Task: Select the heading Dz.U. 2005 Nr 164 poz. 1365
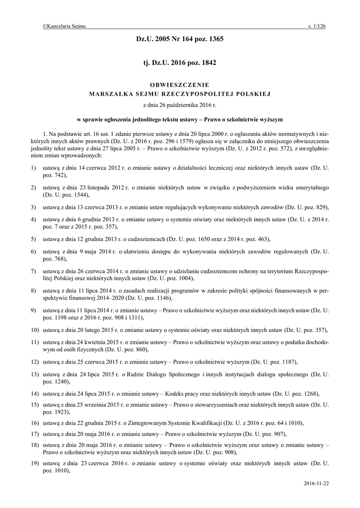[x=180, y=39]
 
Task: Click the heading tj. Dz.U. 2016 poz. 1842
[x=180, y=63]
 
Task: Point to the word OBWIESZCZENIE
[x=180, y=84]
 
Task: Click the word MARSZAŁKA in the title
[x=107, y=93]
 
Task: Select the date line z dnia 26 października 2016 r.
[x=180, y=105]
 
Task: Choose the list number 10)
[x=35, y=330]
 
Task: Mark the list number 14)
[x=35, y=393]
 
